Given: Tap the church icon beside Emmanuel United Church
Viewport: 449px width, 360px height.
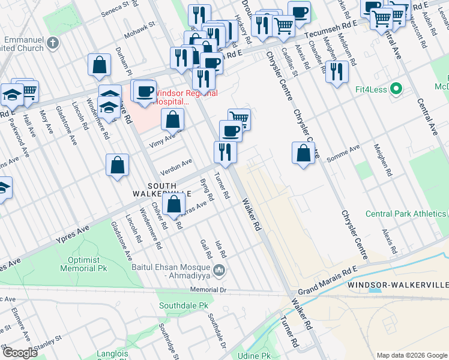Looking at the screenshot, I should [x=53, y=43].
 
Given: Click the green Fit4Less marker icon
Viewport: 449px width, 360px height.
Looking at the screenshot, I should [x=396, y=89].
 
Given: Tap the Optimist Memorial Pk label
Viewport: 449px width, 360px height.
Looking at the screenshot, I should [x=80, y=264].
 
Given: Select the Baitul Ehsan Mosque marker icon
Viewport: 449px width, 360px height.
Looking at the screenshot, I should [x=220, y=271].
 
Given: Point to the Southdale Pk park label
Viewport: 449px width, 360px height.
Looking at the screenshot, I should [x=183, y=305].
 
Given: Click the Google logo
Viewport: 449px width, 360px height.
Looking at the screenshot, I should [x=19, y=352].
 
